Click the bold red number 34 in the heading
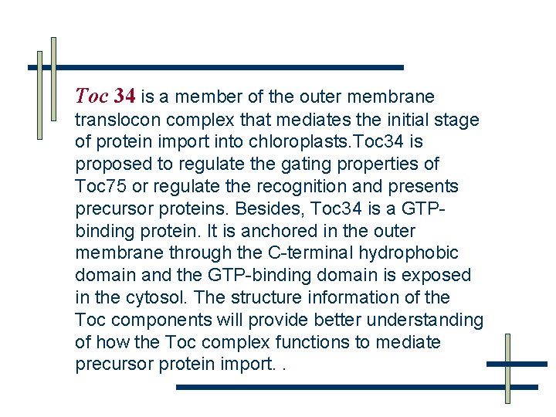(125, 97)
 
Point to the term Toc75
(100, 187)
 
